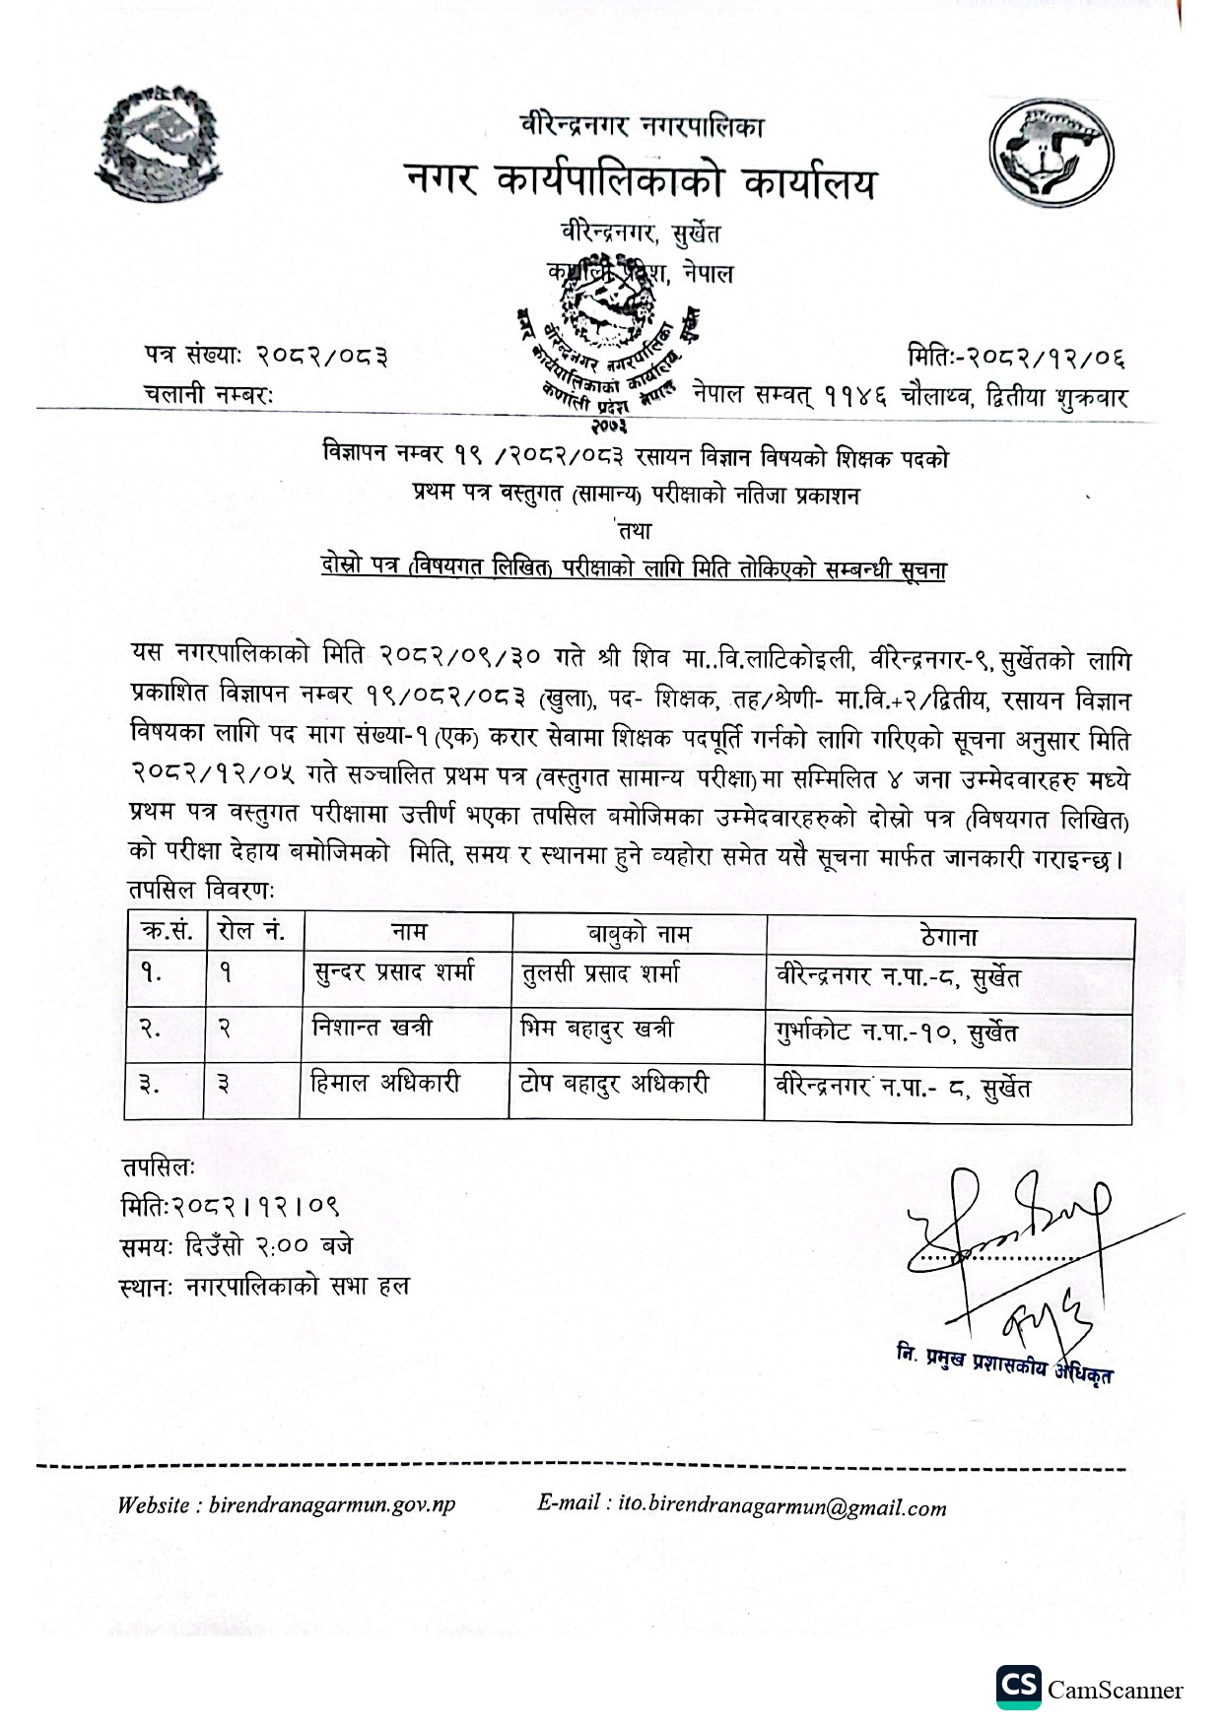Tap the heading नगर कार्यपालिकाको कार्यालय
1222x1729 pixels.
point(640,181)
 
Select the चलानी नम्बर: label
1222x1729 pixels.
point(209,394)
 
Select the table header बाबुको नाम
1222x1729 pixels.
point(639,933)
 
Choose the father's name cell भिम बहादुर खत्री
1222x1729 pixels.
point(596,1029)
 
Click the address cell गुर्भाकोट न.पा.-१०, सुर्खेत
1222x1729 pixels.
point(896,1032)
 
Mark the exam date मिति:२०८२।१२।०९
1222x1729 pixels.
point(231,1206)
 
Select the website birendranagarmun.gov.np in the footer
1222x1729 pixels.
point(286,1506)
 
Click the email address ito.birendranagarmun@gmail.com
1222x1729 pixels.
point(741,1506)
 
